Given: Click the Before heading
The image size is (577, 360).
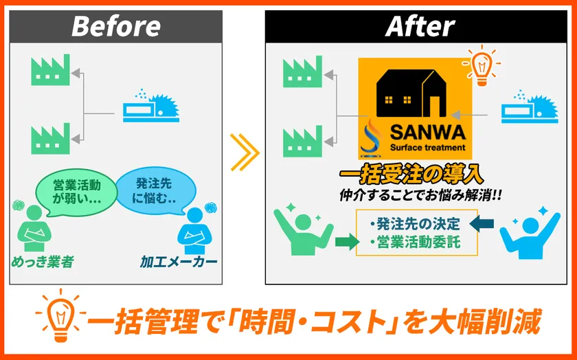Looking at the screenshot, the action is [x=116, y=26].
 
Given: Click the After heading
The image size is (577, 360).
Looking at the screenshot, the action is [x=420, y=26].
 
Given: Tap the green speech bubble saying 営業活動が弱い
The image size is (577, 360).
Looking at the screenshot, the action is [x=76, y=192].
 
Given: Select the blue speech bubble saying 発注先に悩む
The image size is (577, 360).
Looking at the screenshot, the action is [x=156, y=191].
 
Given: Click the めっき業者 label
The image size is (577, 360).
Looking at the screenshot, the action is [x=43, y=262].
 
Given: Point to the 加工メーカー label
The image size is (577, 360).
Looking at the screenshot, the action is [x=179, y=262].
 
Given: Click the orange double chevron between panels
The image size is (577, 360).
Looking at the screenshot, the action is [x=244, y=153].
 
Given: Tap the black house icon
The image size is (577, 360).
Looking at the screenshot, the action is [x=411, y=93].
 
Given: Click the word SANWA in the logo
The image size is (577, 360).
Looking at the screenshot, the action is [x=427, y=132].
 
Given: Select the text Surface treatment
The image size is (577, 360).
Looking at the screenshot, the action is [x=427, y=148].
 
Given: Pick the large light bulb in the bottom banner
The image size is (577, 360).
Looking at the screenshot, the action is [x=60, y=317].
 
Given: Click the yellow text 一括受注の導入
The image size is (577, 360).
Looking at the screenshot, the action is [x=411, y=175].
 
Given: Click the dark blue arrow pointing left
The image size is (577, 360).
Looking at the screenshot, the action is [x=482, y=223].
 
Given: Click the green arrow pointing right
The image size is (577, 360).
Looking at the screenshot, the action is [x=347, y=242].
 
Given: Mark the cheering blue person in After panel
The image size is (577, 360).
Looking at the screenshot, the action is [x=530, y=233].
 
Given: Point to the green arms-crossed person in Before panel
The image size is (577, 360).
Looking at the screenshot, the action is [x=34, y=227].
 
